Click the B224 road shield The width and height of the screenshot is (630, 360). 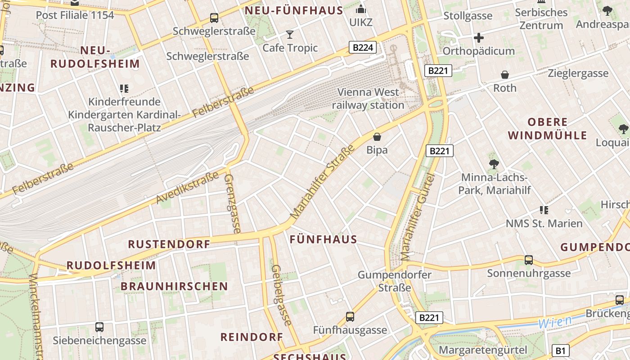tap(363, 47)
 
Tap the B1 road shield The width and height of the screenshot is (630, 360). tap(560, 351)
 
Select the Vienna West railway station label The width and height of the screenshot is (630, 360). tap(368, 99)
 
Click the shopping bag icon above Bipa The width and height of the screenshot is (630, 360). tap(377, 136)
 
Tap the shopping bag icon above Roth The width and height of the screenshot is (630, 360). tap(505, 75)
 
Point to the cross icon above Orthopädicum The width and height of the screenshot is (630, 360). tap(478, 38)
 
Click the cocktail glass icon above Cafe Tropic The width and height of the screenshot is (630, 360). tap(290, 35)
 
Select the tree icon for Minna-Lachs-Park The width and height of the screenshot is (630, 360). tap(494, 164)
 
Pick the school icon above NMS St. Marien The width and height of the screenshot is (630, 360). tap(544, 210)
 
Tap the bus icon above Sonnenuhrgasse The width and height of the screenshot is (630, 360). tap(529, 260)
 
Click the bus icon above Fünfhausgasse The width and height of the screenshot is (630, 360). tap(350, 317)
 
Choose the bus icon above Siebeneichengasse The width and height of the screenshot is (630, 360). tap(99, 327)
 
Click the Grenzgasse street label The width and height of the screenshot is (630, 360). tap(232, 203)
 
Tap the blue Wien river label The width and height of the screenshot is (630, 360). tap(555, 322)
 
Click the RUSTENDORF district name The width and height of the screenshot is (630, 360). tap(169, 244)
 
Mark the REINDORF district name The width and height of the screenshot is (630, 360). tap(252, 337)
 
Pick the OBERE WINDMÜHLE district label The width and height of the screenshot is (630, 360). tap(548, 129)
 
